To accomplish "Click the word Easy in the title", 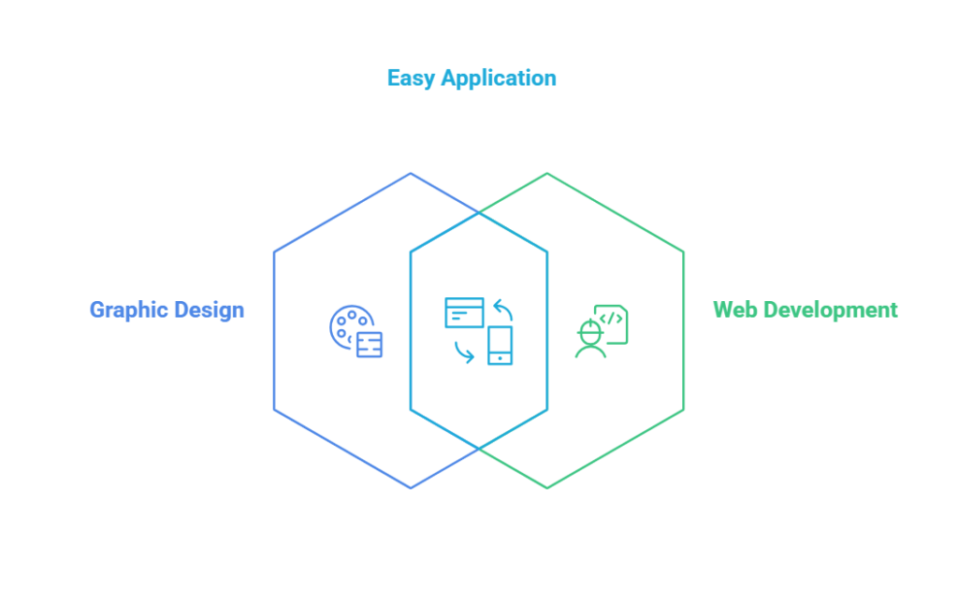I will pyautogui.click(x=411, y=78).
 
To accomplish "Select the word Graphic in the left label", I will pyautogui.click(x=126, y=309).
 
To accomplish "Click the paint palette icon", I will pyautogui.click(x=347, y=324).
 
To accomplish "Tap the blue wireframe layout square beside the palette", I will pyautogui.click(x=370, y=345).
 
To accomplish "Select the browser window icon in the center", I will pyautogui.click(x=464, y=312).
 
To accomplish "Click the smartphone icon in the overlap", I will pyautogui.click(x=501, y=345).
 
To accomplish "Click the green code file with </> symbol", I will pyautogui.click(x=611, y=322).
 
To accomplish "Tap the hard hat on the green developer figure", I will pyautogui.click(x=589, y=328).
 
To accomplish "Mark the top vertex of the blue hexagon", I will pyautogui.click(x=411, y=172).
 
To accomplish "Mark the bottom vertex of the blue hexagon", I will pyautogui.click(x=411, y=488).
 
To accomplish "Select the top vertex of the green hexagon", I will pyautogui.click(x=547, y=172).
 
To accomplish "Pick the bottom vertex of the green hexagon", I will pyautogui.click(x=547, y=488).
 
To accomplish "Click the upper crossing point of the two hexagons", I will pyautogui.click(x=479, y=212).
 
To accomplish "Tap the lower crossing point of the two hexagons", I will pyautogui.click(x=479, y=449).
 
